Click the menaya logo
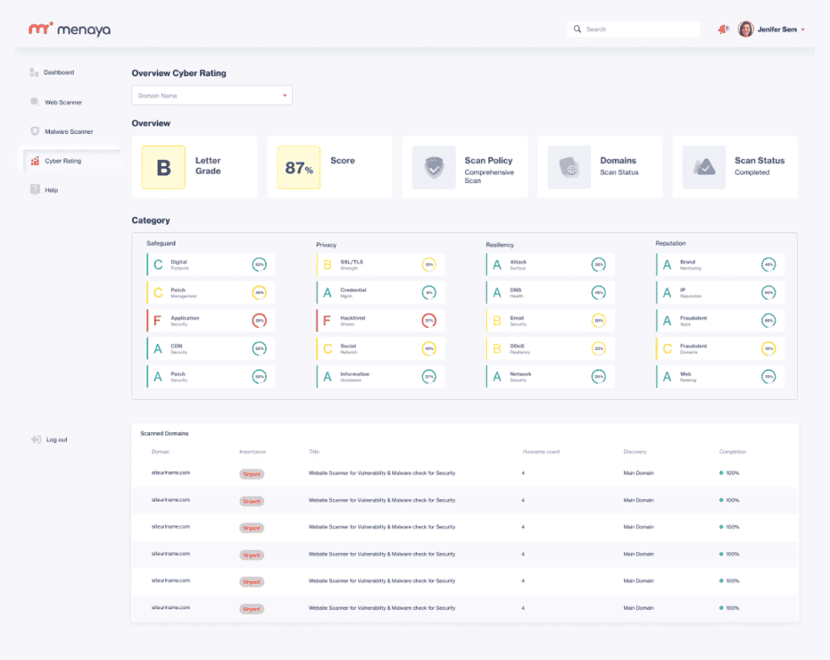(x=69, y=30)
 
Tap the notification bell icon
(x=722, y=30)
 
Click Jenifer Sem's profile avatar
(x=745, y=30)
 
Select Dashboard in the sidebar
(x=58, y=73)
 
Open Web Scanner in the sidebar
(x=63, y=103)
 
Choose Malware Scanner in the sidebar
(x=68, y=131)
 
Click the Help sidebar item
(x=51, y=190)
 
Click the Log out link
(x=56, y=440)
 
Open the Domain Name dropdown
(x=212, y=96)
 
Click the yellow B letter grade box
(x=163, y=167)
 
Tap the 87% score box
(x=299, y=167)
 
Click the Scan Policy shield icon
(x=434, y=167)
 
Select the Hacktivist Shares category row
(x=380, y=320)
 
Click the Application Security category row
(x=211, y=320)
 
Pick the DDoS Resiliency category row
(x=551, y=348)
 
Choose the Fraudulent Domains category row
(x=720, y=348)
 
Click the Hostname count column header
(x=540, y=452)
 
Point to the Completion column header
(x=733, y=452)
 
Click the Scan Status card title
(x=759, y=160)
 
